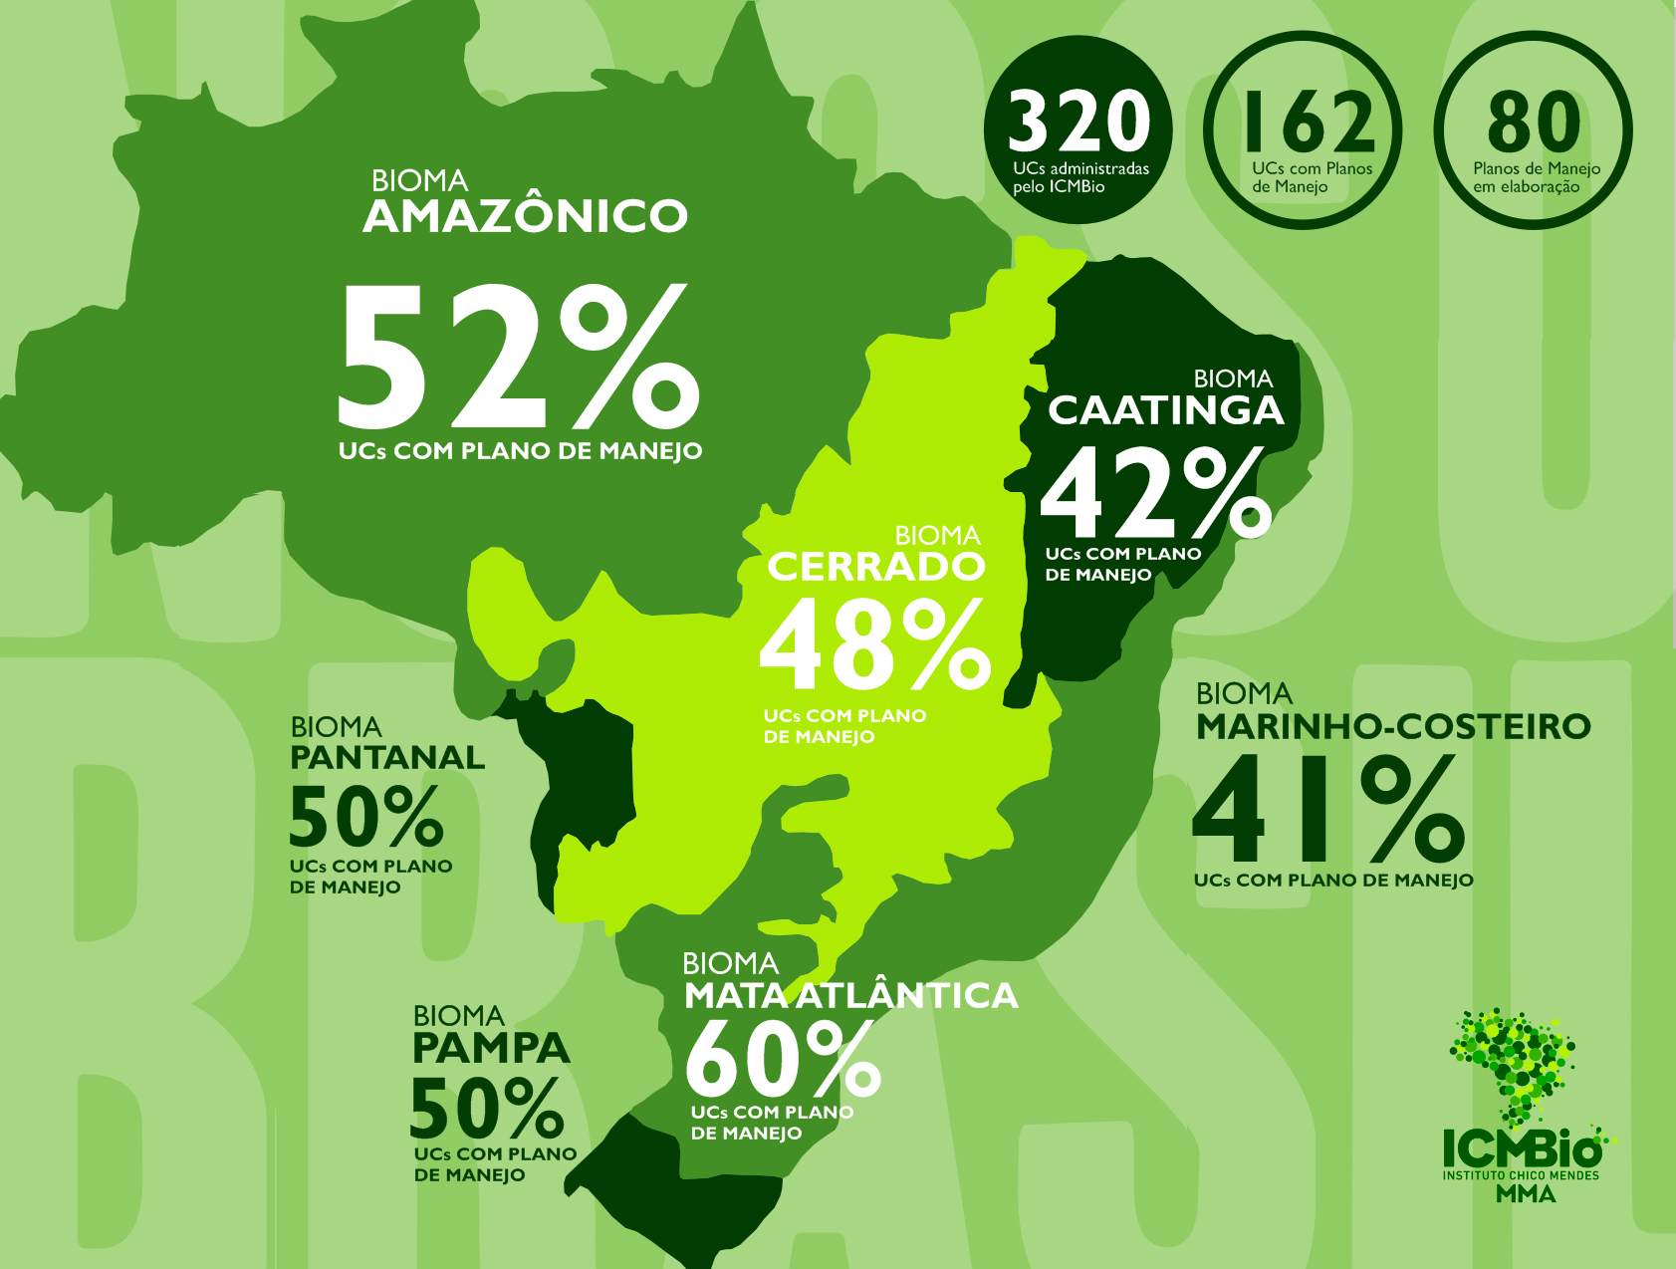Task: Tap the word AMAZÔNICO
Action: pyautogui.click(x=525, y=216)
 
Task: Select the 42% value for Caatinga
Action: pyautogui.click(x=1155, y=492)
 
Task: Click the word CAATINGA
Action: pyautogui.click(x=1165, y=410)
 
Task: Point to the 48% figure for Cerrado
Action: pyautogui.click(x=874, y=644)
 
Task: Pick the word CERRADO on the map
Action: pyautogui.click(x=875, y=567)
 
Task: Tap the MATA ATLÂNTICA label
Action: pyautogui.click(x=850, y=995)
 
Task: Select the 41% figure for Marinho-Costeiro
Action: pyautogui.click(x=1327, y=809)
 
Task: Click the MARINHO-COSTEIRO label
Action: pyautogui.click(x=1392, y=726)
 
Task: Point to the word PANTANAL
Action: pyautogui.click(x=387, y=757)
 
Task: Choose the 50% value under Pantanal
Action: pyautogui.click(x=365, y=816)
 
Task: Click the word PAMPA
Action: pyautogui.click(x=491, y=1048)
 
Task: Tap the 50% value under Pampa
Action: pyautogui.click(x=487, y=1108)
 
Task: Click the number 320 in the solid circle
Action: pyautogui.click(x=1078, y=122)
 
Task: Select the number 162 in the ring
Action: pyautogui.click(x=1309, y=123)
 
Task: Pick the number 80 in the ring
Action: pyautogui.click(x=1534, y=123)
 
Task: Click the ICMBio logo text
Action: pyautogui.click(x=1522, y=1148)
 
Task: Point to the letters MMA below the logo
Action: pyautogui.click(x=1525, y=1192)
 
